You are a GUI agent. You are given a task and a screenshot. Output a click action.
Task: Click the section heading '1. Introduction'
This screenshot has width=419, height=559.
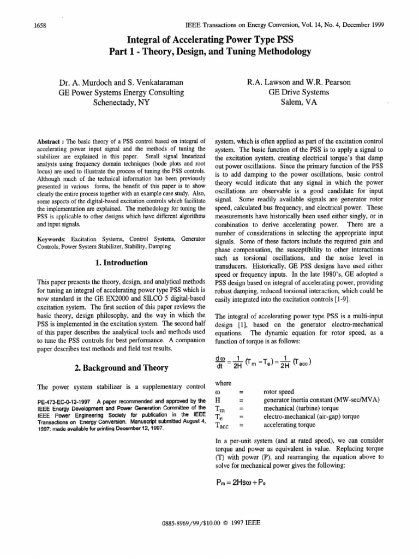click(x=121, y=263)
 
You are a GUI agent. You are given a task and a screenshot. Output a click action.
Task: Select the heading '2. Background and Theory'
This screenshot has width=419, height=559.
click(x=121, y=367)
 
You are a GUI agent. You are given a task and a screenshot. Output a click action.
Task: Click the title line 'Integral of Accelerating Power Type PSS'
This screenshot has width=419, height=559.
click(x=210, y=41)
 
